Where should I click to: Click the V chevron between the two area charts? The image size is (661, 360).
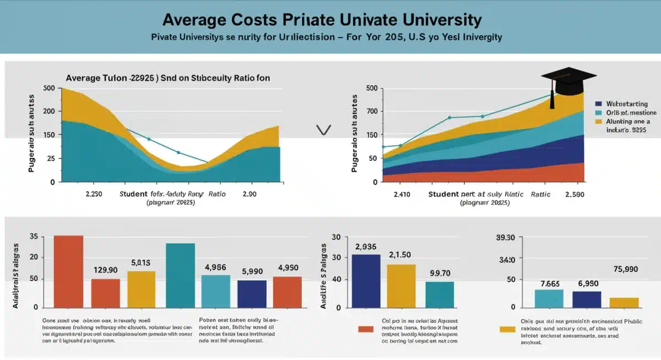point(323,130)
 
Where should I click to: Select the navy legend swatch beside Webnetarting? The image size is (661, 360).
point(599,103)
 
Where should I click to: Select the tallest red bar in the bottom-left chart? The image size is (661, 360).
point(68,271)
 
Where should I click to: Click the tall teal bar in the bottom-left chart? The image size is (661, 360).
point(180,275)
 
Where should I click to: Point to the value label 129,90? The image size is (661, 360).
point(105,270)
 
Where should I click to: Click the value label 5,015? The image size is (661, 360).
point(141,263)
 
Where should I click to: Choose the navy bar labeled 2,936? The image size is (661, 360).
point(366,281)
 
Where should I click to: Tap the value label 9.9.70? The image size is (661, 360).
point(440,272)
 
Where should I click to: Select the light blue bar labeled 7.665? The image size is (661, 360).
point(549,298)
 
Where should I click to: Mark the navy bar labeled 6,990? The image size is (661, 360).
point(587,299)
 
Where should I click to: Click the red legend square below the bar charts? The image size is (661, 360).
point(366,329)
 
